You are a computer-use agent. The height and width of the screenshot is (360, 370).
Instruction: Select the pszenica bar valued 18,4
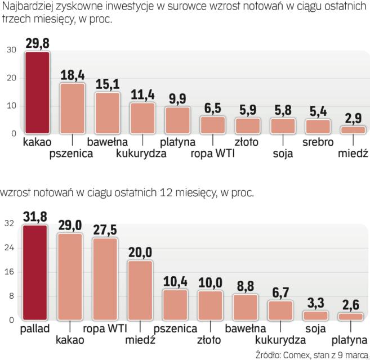(x=73, y=108)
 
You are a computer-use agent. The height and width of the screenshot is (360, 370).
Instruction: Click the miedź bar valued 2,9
(x=353, y=130)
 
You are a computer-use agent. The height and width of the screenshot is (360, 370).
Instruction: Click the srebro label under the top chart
(x=318, y=142)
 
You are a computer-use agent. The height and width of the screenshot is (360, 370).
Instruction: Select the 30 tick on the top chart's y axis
(x=11, y=51)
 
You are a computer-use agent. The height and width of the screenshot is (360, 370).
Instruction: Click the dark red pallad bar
(x=35, y=273)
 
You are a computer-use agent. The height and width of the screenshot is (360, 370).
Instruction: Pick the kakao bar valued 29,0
(x=70, y=277)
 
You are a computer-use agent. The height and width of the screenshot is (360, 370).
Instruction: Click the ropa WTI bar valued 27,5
(x=105, y=279)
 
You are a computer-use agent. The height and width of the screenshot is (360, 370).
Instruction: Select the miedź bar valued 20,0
(x=140, y=290)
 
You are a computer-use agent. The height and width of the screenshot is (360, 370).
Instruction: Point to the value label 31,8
(x=35, y=217)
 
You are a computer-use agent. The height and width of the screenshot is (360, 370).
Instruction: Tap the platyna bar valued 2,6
(x=351, y=317)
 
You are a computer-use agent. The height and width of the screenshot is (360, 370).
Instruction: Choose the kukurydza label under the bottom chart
(x=279, y=340)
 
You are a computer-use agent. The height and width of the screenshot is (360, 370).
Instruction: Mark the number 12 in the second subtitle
(x=161, y=193)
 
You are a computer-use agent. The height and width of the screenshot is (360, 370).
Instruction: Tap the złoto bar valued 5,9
(x=248, y=125)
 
